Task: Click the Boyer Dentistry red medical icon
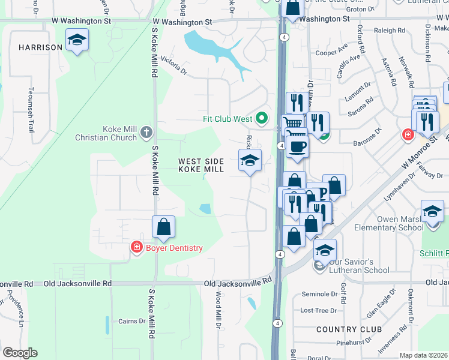(x=137, y=247)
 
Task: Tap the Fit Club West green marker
(x=261, y=118)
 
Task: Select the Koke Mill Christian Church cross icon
(x=146, y=132)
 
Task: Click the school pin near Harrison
(x=77, y=40)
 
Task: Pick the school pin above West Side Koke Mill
(x=250, y=160)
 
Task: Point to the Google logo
(x=20, y=353)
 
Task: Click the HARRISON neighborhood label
(x=40, y=47)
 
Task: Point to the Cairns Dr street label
(x=131, y=321)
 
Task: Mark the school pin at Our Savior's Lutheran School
(x=325, y=250)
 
